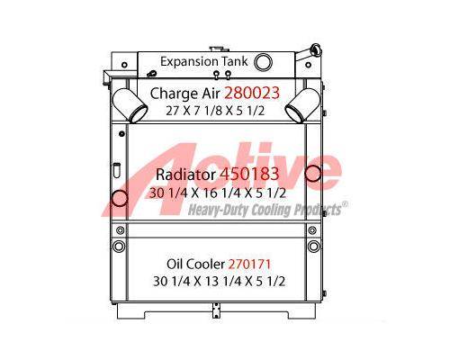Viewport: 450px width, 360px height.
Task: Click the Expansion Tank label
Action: [x=204, y=62]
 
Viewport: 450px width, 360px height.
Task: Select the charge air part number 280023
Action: [x=252, y=93]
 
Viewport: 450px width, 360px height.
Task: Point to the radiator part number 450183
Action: [x=249, y=174]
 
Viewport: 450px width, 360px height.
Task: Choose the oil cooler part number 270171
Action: [x=249, y=264]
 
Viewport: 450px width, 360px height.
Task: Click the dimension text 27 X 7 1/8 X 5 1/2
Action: [x=215, y=111]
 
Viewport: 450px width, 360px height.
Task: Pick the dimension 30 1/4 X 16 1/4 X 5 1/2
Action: [x=218, y=193]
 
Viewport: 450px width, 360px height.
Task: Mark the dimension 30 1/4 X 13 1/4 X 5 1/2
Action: [x=219, y=282]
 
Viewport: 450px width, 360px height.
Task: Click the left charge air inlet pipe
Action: [x=130, y=105]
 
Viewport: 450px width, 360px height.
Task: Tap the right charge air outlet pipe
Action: [x=302, y=105]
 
